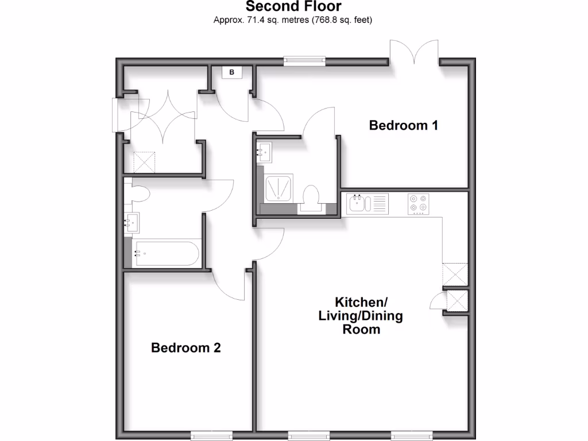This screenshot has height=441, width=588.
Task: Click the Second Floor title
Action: click(x=293, y=7)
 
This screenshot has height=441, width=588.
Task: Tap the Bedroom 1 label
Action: click(x=403, y=125)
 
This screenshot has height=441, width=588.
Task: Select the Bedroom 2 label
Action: click(x=185, y=347)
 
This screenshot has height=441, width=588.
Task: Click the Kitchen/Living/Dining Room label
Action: click(x=361, y=315)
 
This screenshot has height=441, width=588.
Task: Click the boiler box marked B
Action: click(x=232, y=72)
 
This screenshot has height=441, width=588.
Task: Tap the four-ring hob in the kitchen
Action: click(x=417, y=203)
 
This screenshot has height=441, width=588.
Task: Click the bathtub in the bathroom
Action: click(x=165, y=253)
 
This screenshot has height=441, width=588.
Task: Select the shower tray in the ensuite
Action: click(x=278, y=188)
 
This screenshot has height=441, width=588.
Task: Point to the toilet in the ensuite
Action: click(x=311, y=197)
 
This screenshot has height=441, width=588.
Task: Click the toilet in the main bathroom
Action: click(x=138, y=192)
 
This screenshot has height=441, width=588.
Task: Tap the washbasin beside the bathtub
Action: click(x=131, y=222)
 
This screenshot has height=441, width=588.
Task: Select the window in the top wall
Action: click(x=304, y=59)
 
